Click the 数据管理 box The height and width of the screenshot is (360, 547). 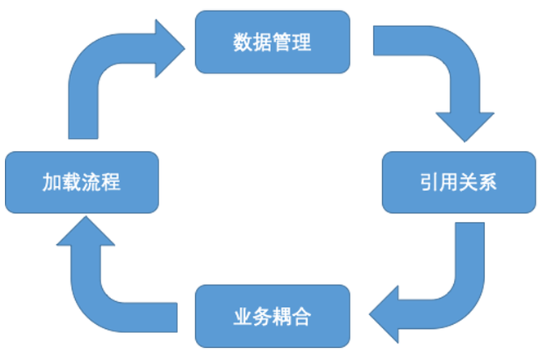pos(273,42)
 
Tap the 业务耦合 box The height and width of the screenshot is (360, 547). pos(273,317)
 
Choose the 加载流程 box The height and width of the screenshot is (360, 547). pos(81,182)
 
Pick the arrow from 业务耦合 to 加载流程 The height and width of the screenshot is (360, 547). pos(98,278)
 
